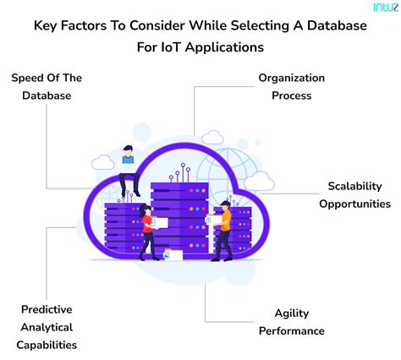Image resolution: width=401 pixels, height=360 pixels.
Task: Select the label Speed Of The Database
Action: [x=47, y=86]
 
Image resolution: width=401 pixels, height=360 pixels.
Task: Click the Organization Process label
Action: [x=292, y=86]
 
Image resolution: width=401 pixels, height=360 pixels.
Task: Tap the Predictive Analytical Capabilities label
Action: [x=47, y=326]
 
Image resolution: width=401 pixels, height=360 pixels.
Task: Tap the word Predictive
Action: [x=47, y=308]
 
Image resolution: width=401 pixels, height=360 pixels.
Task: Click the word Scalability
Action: [x=355, y=185]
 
